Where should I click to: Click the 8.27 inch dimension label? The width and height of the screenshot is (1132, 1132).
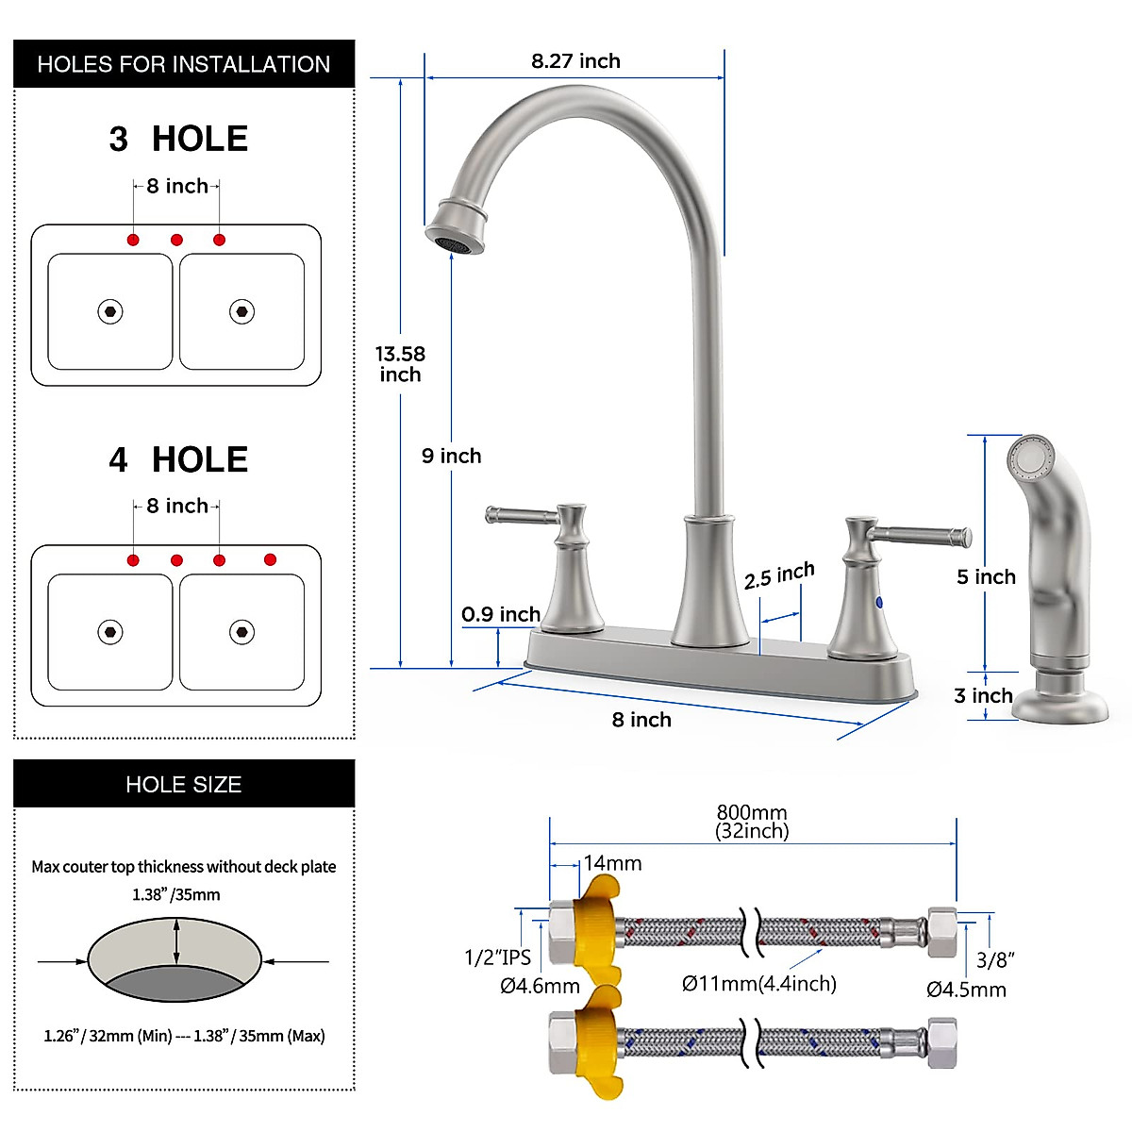pyautogui.click(x=575, y=61)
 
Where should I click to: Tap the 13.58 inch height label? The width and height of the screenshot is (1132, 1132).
pyautogui.click(x=400, y=364)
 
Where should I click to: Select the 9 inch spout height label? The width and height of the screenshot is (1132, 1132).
pyautogui.click(x=451, y=457)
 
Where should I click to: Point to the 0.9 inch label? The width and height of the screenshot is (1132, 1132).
pyautogui.click(x=500, y=614)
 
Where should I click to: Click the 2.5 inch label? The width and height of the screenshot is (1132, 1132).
pyautogui.click(x=778, y=575)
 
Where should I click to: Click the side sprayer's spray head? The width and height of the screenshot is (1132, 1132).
pyautogui.click(x=1030, y=458)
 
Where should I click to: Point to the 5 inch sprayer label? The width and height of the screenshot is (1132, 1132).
pyautogui.click(x=986, y=577)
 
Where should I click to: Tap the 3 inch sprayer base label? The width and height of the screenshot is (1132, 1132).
pyautogui.click(x=983, y=696)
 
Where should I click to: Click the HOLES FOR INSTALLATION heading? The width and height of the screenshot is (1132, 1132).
pyautogui.click(x=184, y=64)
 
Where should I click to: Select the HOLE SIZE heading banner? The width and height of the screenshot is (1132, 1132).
pyautogui.click(x=184, y=784)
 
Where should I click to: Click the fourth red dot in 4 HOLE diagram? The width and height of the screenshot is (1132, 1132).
pyautogui.click(x=270, y=559)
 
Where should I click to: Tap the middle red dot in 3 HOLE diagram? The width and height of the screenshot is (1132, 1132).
pyautogui.click(x=176, y=240)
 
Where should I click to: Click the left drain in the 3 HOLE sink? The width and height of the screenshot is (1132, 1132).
pyautogui.click(x=110, y=311)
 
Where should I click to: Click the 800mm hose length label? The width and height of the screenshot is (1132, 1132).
pyautogui.click(x=752, y=821)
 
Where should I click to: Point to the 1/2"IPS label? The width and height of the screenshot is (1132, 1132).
pyautogui.click(x=497, y=957)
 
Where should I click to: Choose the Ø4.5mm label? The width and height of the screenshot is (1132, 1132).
pyautogui.click(x=966, y=990)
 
